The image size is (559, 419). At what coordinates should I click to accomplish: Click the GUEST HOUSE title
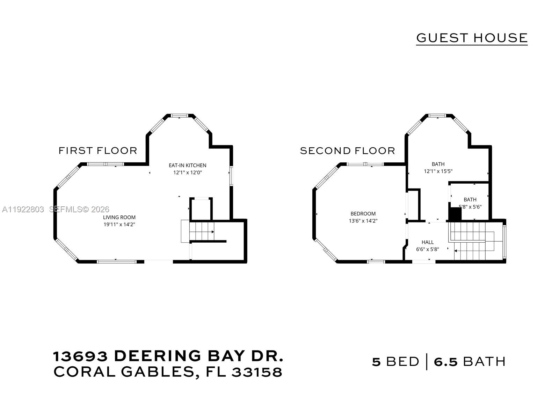pos(472,38)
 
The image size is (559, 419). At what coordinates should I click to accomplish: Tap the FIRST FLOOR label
pos(98,150)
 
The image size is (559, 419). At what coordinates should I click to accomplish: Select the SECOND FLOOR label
pos(347,150)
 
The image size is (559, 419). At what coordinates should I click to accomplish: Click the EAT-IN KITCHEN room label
pos(188,165)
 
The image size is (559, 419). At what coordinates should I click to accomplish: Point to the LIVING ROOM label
pos(119,217)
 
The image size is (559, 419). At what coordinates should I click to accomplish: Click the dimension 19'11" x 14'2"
pos(119,225)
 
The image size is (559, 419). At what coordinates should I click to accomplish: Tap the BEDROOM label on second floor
pos(363,213)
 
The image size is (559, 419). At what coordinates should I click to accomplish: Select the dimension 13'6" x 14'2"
pos(363,221)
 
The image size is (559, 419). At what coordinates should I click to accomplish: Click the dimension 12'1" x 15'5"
pos(438,171)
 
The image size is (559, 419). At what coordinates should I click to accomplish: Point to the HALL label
pos(427,242)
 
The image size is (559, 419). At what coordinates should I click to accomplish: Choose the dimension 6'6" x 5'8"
pos(427,249)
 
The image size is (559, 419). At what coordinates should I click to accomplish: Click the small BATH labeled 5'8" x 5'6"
pos(470,199)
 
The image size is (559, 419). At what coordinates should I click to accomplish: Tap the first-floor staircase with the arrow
pos(201,231)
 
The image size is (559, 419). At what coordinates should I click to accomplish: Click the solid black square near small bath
pos(455,214)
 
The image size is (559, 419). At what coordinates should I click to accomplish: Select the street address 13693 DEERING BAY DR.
pos(168,356)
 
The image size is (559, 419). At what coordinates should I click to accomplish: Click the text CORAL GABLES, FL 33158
pos(168,372)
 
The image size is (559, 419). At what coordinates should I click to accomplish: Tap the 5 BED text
pos(395,362)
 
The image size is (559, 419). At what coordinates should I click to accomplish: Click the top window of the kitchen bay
pos(180,115)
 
